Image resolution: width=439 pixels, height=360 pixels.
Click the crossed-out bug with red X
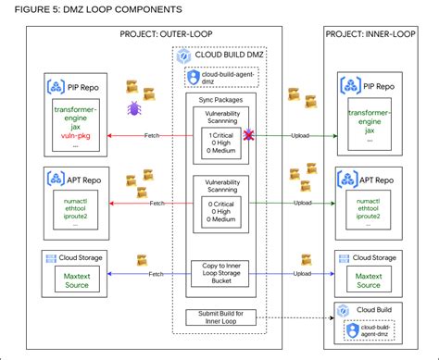[248, 136]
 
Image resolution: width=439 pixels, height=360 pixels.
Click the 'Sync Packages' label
[219, 97]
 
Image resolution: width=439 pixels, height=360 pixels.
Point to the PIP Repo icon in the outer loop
[53, 89]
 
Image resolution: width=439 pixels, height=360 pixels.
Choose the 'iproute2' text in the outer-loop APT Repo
[72, 215]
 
